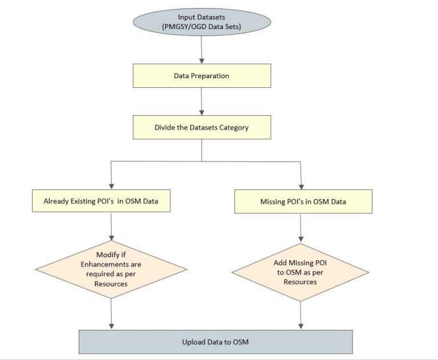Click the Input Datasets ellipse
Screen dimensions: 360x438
tap(201, 22)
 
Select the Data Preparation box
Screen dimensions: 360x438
tap(201, 75)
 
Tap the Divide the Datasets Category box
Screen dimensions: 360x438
tap(201, 127)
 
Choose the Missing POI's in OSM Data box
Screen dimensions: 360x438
tap(303, 201)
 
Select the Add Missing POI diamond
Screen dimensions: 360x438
tap(301, 269)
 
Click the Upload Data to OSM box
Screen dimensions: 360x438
tap(214, 342)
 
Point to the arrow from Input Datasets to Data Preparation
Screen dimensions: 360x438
tap(201, 51)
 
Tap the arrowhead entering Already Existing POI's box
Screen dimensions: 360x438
tap(111, 186)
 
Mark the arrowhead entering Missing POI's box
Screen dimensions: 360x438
tap(301, 186)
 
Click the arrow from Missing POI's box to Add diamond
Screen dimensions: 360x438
tap(301, 229)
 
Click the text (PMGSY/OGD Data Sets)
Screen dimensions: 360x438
tap(201, 27)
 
